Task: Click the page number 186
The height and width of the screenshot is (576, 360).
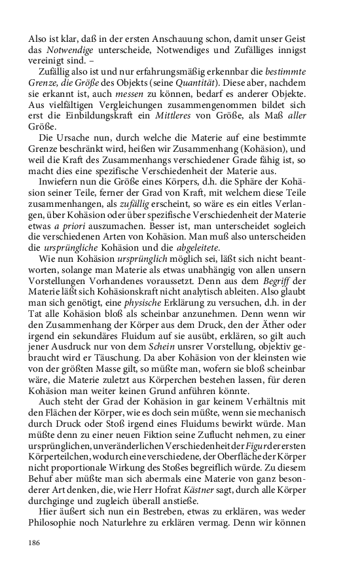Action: pyautogui.click(x=35, y=543)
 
